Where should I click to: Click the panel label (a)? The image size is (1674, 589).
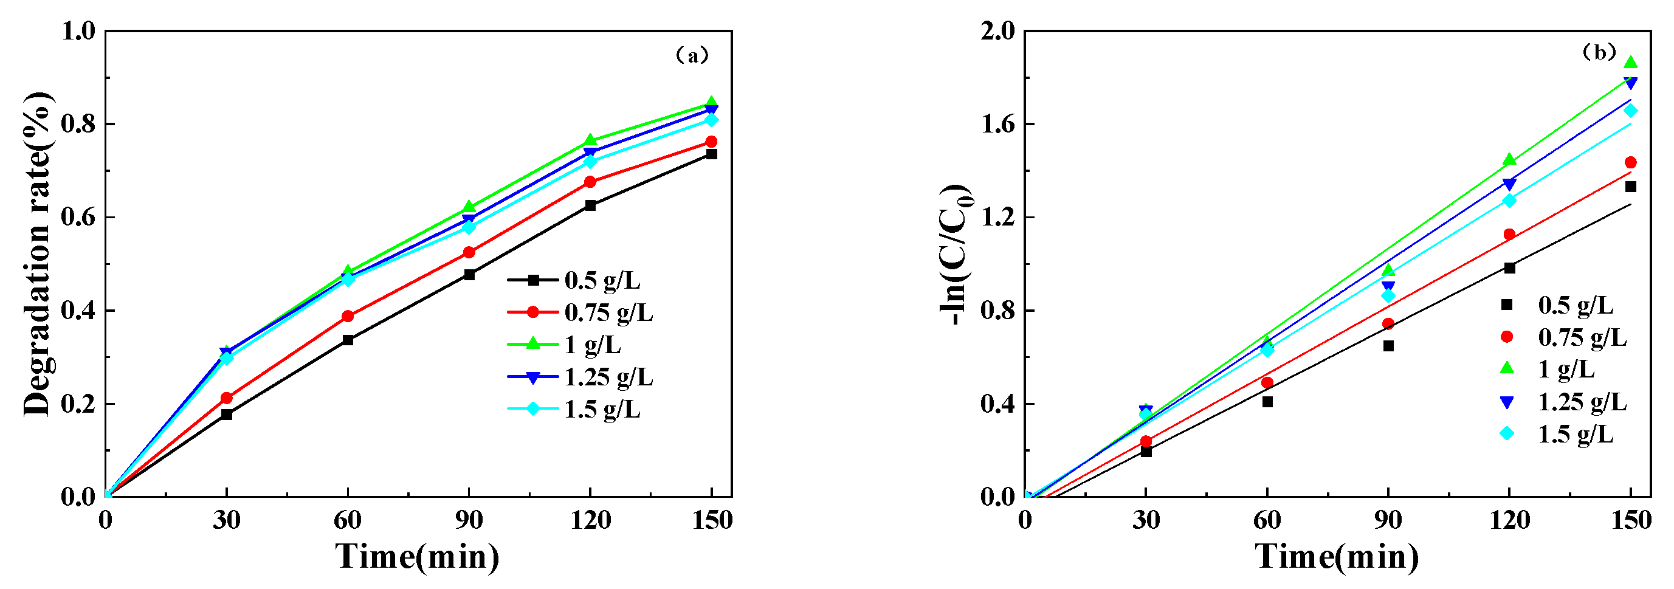click(692, 55)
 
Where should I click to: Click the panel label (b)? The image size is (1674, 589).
click(1599, 52)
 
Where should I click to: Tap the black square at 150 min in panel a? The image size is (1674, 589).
click(712, 154)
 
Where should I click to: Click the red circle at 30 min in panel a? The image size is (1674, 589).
click(226, 398)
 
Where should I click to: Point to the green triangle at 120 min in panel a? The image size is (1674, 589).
click(590, 140)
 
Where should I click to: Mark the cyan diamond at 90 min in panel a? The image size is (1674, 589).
click(469, 227)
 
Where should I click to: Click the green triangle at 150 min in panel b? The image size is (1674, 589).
click(1630, 63)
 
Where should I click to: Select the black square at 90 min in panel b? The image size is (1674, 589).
click(1388, 346)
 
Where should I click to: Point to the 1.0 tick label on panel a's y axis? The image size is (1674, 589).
click(78, 30)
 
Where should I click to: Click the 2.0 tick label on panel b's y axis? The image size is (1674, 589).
click(997, 30)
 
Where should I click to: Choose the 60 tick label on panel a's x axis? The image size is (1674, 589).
click(347, 520)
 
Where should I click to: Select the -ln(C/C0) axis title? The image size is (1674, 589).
click(958, 253)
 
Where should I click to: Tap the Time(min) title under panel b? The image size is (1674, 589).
click(1336, 557)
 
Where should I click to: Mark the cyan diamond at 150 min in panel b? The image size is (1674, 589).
click(1630, 111)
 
